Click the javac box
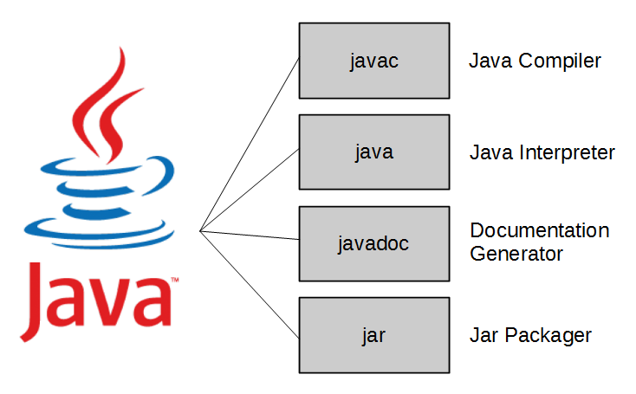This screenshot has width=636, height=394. pos(374,61)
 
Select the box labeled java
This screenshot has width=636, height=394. pos(374,152)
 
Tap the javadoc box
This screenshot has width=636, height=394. pos(374,243)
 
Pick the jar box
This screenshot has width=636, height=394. pos(374,334)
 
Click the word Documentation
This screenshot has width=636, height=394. pos(539,231)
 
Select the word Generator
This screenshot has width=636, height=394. pos(516,254)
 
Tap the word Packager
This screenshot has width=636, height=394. pos(551,335)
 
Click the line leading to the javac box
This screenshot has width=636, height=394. pos(251,142)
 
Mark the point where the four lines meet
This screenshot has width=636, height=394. pos(200,230)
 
